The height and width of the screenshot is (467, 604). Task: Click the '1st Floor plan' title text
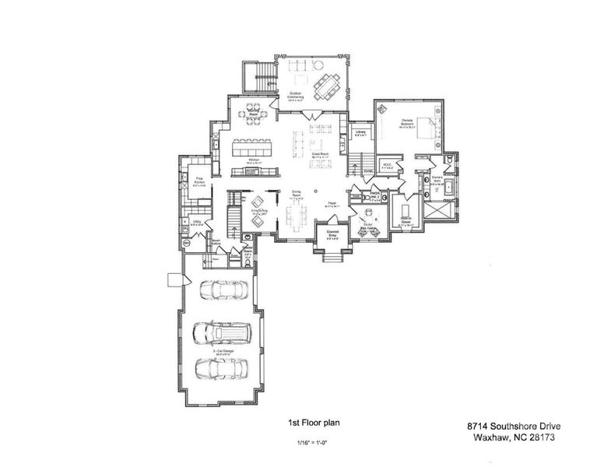[313, 423]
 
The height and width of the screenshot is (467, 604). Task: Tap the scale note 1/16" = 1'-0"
[313, 443]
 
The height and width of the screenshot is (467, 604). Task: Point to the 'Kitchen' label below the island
[253, 159]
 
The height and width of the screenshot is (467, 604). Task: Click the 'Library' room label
[360, 132]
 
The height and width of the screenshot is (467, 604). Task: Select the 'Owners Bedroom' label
[406, 121]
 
